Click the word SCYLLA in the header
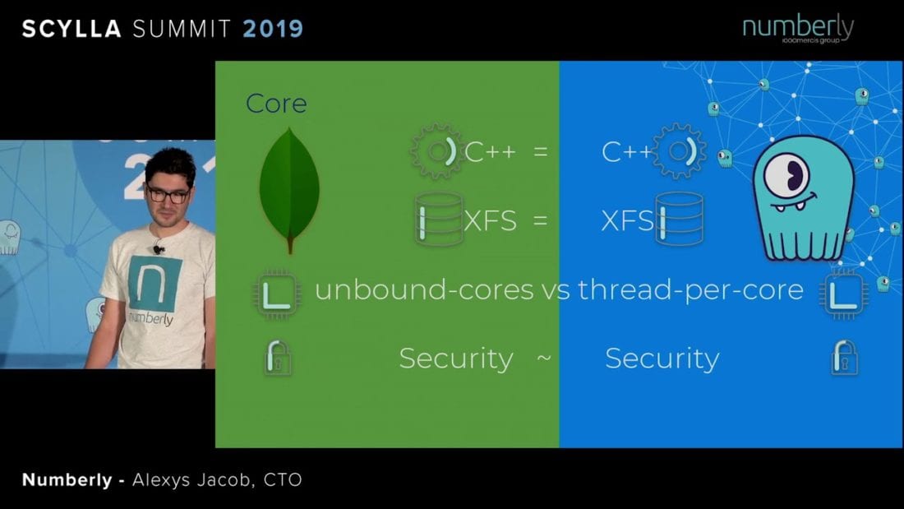(71, 29)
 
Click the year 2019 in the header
(273, 29)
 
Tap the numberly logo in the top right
(798, 29)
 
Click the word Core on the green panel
(276, 104)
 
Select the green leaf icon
(289, 189)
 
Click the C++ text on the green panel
(491, 152)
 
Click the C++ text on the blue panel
(627, 152)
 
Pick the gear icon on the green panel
(435, 152)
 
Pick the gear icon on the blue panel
(680, 151)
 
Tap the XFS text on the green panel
(491, 220)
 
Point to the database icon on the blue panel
(679, 220)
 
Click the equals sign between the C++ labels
(540, 152)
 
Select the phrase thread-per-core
(690, 289)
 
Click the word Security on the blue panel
(662, 359)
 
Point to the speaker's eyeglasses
(169, 195)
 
